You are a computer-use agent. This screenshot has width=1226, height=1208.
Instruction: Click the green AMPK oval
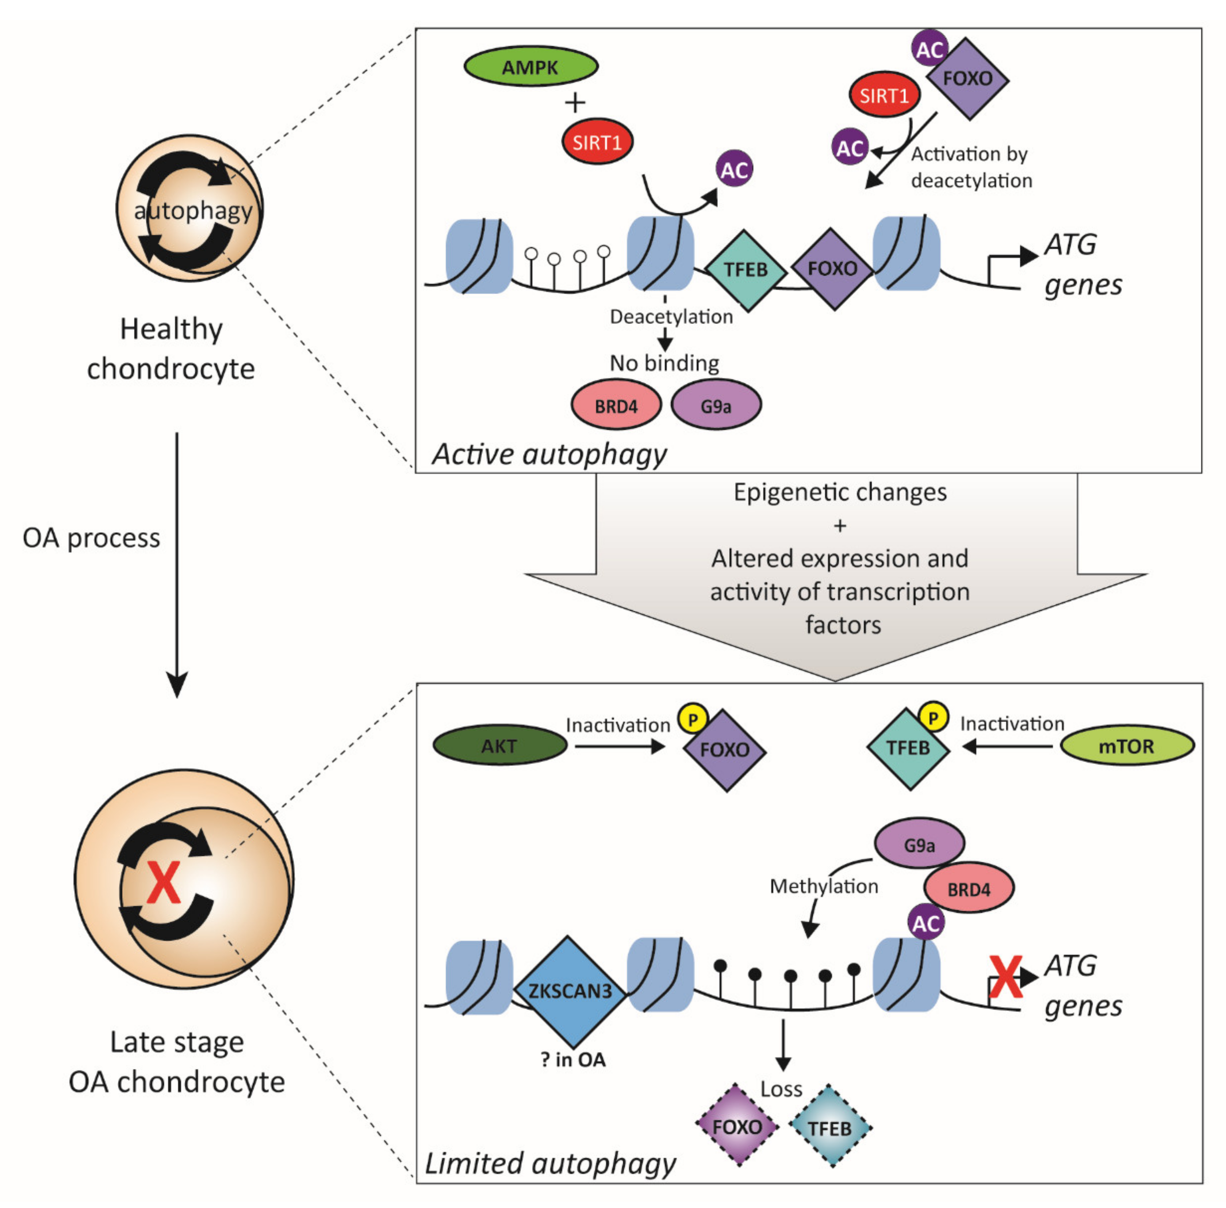(x=530, y=66)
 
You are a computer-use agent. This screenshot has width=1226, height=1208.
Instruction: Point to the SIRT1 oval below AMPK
(x=597, y=141)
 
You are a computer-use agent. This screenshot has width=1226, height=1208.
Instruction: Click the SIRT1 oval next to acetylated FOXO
(x=884, y=95)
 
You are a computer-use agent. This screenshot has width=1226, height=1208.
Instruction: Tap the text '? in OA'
(x=573, y=1059)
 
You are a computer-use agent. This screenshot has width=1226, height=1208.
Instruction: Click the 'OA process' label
(x=91, y=538)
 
